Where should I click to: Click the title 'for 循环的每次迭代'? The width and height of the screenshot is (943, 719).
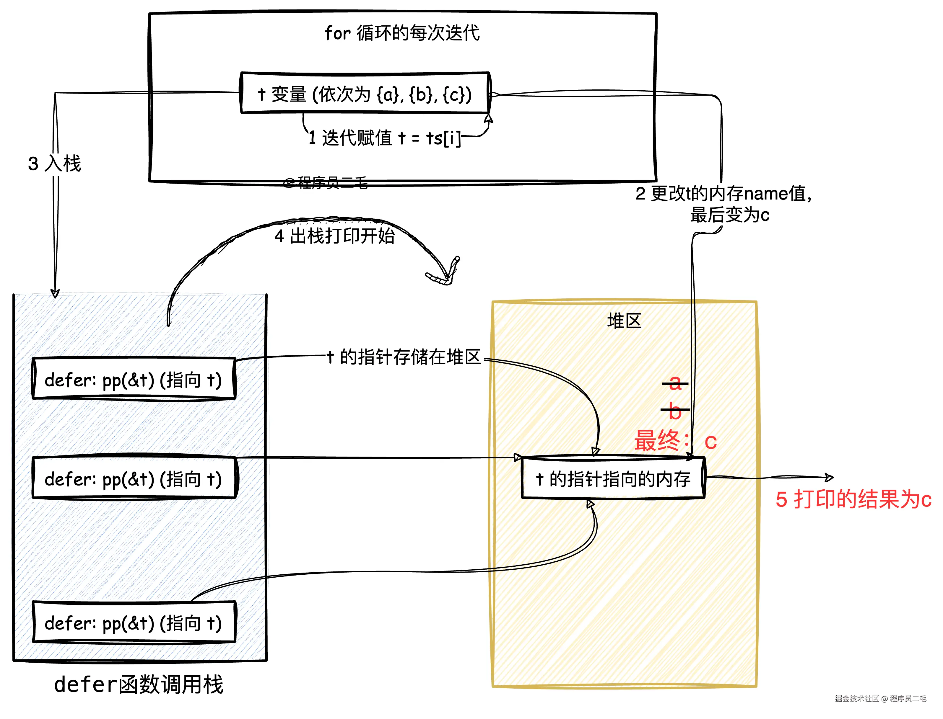click(x=402, y=33)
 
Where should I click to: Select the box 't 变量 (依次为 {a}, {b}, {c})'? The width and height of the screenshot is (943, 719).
click(x=365, y=93)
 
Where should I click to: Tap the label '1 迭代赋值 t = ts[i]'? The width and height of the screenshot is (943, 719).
click(x=384, y=138)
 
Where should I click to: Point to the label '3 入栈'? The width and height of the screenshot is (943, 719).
click(x=54, y=164)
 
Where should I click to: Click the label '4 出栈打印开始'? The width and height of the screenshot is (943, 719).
click(x=334, y=236)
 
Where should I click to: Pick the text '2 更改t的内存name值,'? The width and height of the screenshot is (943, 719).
click(x=723, y=193)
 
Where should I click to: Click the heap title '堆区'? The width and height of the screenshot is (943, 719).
click(x=624, y=321)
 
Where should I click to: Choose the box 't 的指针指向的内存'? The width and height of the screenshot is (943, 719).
click(x=613, y=478)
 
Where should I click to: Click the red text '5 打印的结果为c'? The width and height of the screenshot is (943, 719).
click(x=853, y=499)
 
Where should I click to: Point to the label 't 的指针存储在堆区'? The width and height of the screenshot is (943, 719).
click(x=404, y=357)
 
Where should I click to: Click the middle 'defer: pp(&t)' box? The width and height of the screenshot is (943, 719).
click(x=134, y=478)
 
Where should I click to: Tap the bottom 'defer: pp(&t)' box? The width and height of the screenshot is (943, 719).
click(x=134, y=623)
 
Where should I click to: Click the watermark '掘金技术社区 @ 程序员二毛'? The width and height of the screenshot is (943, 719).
click(x=880, y=698)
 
